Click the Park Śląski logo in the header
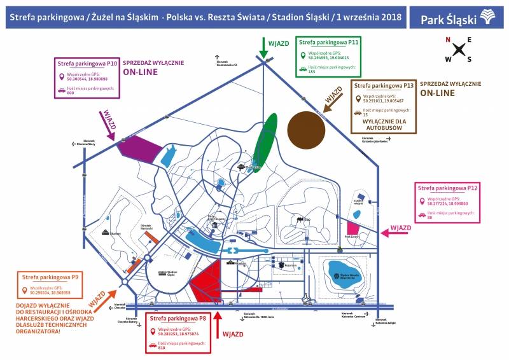457,17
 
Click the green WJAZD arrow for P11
264,47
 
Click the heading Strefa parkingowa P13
384,85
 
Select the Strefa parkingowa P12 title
447,188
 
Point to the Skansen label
115,233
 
